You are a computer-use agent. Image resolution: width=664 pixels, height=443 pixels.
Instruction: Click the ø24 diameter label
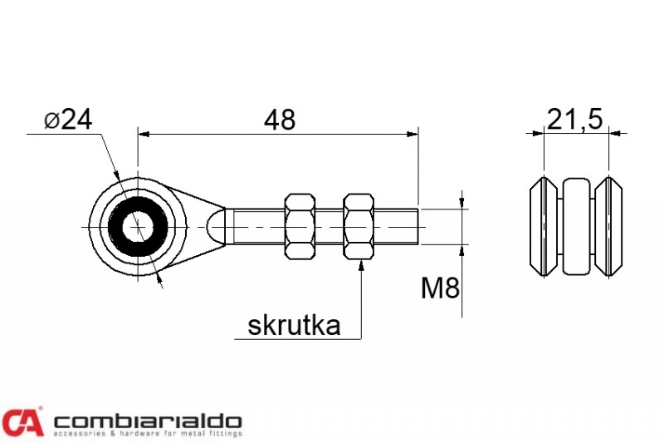pyautogui.click(x=68, y=120)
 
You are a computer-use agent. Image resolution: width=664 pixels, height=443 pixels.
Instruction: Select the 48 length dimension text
pyautogui.click(x=280, y=120)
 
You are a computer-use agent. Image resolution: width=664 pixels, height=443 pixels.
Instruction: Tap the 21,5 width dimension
pyautogui.click(x=574, y=120)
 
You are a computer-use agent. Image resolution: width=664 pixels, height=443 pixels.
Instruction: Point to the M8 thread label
pyautogui.click(x=440, y=288)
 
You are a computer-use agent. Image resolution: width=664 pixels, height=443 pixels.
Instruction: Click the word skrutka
pyautogui.click(x=294, y=326)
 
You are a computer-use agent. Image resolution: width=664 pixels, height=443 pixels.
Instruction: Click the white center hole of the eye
pyautogui.click(x=138, y=227)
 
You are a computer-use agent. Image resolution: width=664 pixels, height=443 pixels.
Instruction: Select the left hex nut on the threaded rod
pyautogui.click(x=300, y=226)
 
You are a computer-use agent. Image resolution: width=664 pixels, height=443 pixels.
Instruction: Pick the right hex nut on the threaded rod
pyautogui.click(x=359, y=226)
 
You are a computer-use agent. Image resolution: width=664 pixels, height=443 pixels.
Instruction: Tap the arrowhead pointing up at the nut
pyautogui.click(x=361, y=266)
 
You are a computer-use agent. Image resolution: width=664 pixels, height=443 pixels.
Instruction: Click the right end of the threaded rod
pyautogui.click(x=418, y=227)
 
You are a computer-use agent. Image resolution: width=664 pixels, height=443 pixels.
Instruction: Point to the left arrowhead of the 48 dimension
pyautogui.click(x=144, y=135)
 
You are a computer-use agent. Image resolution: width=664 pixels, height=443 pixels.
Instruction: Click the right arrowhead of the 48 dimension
pyautogui.click(x=412, y=135)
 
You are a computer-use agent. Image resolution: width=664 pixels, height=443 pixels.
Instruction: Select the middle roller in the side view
pyautogui.click(x=576, y=226)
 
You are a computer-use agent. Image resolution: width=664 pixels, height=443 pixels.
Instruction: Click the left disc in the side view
pyautogui.click(x=544, y=227)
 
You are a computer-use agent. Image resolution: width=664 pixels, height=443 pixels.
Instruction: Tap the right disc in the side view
pyautogui.click(x=609, y=227)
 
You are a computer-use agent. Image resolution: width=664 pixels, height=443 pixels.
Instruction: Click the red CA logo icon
pyautogui.click(x=22, y=421)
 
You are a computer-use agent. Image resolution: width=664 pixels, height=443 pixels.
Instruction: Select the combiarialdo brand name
pyautogui.click(x=148, y=421)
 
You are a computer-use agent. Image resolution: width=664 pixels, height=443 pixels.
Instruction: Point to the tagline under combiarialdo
pyautogui.click(x=148, y=434)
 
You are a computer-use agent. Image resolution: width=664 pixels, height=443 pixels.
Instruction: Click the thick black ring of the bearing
pyautogui.click(x=114, y=227)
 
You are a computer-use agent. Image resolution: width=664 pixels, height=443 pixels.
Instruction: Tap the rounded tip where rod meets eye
pyautogui.click(x=217, y=227)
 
